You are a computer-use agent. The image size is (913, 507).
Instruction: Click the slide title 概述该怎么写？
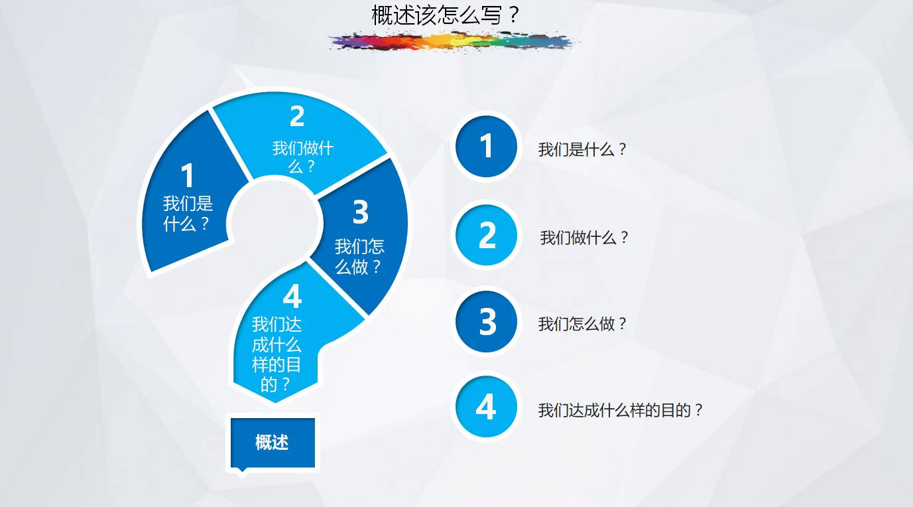click(x=445, y=15)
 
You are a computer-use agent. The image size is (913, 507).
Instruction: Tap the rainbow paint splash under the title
click(x=454, y=41)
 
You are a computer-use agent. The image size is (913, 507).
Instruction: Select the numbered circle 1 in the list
click(x=486, y=146)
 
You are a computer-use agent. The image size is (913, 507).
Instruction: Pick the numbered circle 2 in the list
click(x=486, y=235)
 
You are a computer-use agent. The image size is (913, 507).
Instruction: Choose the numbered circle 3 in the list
click(x=486, y=321)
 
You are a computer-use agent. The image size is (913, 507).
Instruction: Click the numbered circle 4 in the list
click(x=486, y=407)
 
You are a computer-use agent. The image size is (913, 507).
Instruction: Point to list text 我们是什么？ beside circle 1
click(x=582, y=149)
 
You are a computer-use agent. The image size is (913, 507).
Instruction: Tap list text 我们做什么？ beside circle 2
click(x=584, y=238)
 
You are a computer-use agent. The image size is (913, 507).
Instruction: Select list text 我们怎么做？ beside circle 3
click(x=582, y=324)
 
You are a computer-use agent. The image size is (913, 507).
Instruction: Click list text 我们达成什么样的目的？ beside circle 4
click(x=621, y=410)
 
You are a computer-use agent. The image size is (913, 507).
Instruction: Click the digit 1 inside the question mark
click(x=187, y=175)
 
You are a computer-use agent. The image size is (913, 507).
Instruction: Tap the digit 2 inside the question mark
click(x=297, y=116)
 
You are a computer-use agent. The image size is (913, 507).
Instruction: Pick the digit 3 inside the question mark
click(x=360, y=212)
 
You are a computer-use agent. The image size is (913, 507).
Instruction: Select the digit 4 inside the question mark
click(x=292, y=296)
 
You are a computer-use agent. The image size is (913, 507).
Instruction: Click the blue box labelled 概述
click(x=273, y=443)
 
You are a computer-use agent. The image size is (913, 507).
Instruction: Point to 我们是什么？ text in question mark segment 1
click(x=188, y=214)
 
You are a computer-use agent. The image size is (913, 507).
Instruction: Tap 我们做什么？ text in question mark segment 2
click(x=303, y=157)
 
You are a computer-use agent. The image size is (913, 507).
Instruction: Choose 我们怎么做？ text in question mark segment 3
click(x=359, y=257)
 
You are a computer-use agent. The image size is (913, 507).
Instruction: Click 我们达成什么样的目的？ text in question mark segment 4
click(x=276, y=354)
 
